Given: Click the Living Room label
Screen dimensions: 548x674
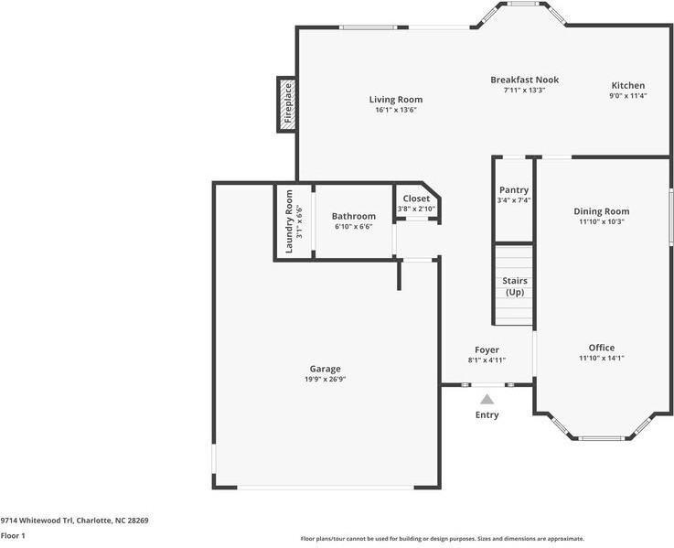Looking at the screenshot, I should (395, 100).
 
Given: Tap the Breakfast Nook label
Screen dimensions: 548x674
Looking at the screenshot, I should (524, 80).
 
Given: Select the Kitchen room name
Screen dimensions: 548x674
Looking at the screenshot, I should (627, 85).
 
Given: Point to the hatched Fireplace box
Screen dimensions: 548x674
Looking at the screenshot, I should (286, 102).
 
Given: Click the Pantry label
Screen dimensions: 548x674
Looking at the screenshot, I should (513, 189).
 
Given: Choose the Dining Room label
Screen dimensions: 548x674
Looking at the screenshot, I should (601, 211).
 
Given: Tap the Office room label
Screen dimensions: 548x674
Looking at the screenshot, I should (601, 348).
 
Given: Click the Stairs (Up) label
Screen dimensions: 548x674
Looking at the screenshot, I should (514, 286).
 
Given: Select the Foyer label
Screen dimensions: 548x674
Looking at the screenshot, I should (487, 349).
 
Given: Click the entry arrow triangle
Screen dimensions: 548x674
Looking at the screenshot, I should (487, 399).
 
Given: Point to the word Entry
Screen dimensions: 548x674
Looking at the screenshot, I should (487, 415).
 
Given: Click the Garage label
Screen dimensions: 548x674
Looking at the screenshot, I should (325, 369).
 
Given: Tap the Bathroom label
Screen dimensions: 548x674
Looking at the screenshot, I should (353, 216).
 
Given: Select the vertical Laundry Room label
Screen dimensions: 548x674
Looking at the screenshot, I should (289, 221).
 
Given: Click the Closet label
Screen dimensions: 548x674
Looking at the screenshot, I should (416, 199).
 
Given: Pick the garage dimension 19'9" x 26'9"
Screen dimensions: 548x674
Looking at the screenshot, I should (325, 379).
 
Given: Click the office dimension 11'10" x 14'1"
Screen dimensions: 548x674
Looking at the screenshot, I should (601, 358).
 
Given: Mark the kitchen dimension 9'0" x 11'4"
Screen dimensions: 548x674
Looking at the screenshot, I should (627, 95).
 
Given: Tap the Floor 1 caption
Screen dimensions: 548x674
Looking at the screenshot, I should (13, 535).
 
